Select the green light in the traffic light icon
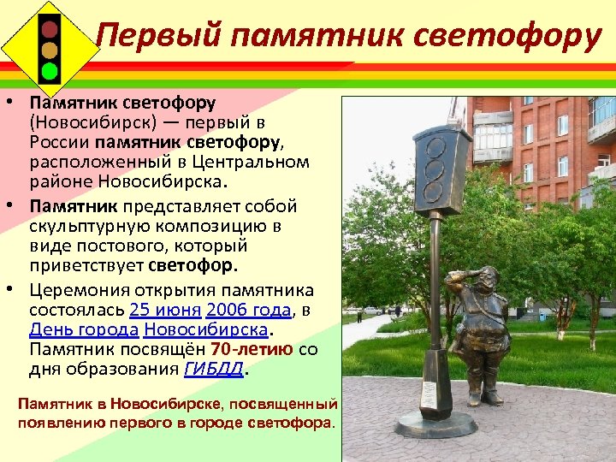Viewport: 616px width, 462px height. tap(50, 70)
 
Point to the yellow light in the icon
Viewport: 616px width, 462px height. tap(50, 48)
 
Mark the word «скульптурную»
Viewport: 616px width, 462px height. tap(80, 226)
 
